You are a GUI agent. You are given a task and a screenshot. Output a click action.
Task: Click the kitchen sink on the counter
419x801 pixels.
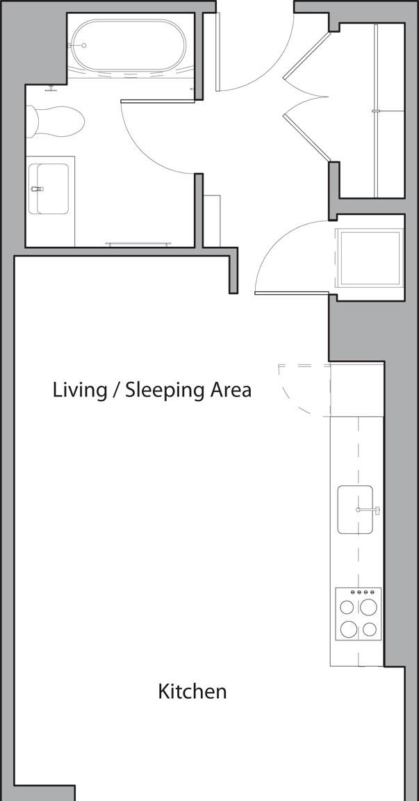355,510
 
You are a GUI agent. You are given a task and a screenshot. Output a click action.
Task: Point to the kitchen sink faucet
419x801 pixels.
368,509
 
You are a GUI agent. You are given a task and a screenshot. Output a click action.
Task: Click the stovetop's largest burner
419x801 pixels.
368,607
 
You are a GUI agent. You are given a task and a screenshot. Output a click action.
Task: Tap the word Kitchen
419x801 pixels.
192,692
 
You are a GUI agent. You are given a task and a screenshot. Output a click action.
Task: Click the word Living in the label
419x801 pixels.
80,390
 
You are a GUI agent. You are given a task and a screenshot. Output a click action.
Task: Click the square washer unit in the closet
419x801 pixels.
370,257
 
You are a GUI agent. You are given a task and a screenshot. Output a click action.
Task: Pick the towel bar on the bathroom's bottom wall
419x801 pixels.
138,244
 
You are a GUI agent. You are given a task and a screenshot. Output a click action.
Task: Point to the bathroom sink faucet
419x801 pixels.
37,188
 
